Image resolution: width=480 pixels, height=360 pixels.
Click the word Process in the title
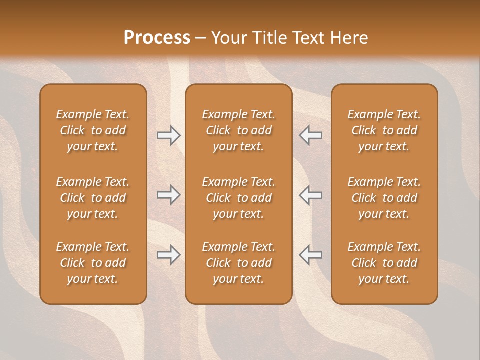(157, 38)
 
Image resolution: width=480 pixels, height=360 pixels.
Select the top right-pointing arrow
(169, 136)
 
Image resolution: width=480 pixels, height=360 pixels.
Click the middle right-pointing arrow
(169, 195)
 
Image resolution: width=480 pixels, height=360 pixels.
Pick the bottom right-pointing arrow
(169, 255)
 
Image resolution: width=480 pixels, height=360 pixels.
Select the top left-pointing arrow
(310, 136)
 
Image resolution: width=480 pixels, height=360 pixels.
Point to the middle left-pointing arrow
(310, 195)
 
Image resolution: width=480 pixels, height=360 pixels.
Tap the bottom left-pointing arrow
(310, 255)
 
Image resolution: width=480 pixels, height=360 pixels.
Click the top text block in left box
(93, 130)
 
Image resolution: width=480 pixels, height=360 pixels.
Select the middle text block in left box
(93, 198)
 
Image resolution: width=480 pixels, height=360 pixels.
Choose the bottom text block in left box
(93, 263)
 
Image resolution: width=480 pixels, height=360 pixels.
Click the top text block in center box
(238, 130)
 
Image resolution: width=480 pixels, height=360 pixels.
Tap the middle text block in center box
(238, 198)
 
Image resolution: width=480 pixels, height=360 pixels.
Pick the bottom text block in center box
(238, 263)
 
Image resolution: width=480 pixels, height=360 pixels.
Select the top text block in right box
(384, 130)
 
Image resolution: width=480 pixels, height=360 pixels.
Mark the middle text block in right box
(384, 198)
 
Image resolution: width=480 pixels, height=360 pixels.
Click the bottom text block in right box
(384, 263)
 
